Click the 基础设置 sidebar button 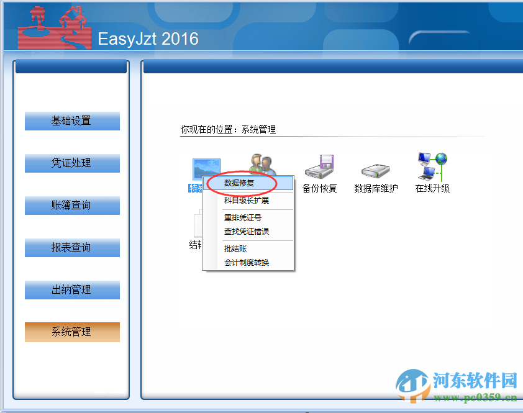[x=72, y=121]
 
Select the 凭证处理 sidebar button [x=72, y=163]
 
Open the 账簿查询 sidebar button [x=72, y=206]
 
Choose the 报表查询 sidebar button [x=72, y=248]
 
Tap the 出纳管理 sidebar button [x=72, y=290]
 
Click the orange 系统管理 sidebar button [x=72, y=332]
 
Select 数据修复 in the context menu [x=240, y=183]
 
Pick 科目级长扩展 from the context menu [x=247, y=201]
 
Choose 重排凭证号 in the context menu [x=243, y=218]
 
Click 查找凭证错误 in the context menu [x=247, y=232]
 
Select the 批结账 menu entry [x=236, y=249]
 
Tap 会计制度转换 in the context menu [x=247, y=263]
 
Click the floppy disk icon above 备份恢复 [x=320, y=167]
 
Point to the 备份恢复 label [x=320, y=188]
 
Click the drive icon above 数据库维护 [x=376, y=169]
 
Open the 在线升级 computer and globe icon [x=432, y=166]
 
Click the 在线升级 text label [x=432, y=188]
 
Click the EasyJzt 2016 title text [x=148, y=39]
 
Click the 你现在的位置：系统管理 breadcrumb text [x=228, y=130]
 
